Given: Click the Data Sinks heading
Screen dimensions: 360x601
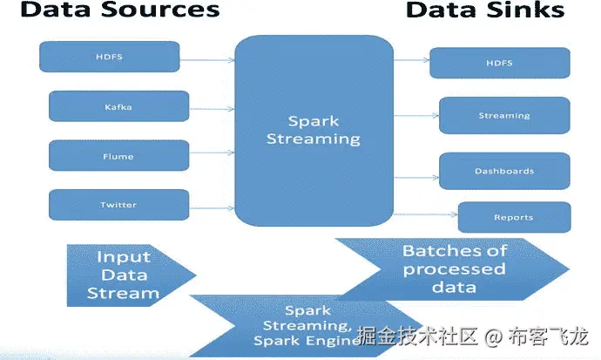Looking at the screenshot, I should (x=485, y=11).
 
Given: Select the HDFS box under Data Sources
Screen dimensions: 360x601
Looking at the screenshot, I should (x=110, y=57).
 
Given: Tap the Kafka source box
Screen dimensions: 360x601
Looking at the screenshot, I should (x=118, y=107).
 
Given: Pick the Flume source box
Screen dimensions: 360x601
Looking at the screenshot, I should (x=118, y=156).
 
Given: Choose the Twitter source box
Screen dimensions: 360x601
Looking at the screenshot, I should (x=118, y=205).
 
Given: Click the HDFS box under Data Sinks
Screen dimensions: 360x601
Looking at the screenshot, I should (x=499, y=63).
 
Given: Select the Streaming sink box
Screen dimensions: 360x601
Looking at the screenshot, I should (x=504, y=115).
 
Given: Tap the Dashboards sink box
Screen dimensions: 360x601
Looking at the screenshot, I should (x=504, y=171).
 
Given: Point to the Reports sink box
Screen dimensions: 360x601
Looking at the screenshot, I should (x=514, y=217).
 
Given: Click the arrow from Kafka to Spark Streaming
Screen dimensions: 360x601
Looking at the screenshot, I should (x=211, y=108).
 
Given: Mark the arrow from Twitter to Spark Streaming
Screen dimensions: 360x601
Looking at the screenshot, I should (x=211, y=207).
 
